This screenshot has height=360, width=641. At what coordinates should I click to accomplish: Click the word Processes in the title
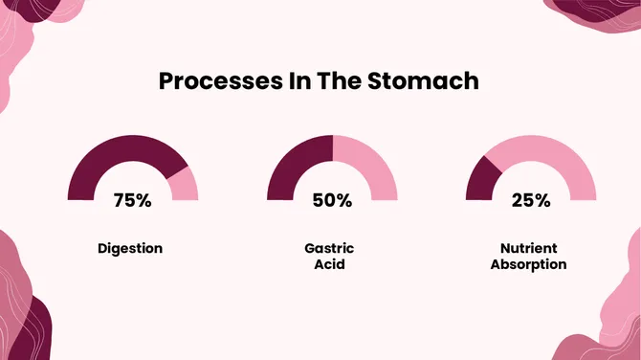coord(214,81)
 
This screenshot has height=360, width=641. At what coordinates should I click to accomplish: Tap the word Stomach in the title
coord(423,81)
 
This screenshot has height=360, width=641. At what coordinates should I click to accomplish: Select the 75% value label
coord(132,201)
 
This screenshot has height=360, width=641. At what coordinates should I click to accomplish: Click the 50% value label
coord(332,201)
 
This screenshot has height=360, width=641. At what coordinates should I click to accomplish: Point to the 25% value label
coord(530,201)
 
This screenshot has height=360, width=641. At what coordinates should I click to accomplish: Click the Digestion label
coord(130,248)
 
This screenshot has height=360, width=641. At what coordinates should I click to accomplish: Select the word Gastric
coord(329,248)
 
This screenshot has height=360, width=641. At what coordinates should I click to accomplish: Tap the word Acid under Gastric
coord(329,264)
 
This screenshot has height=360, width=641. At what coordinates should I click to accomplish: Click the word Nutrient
coord(528,248)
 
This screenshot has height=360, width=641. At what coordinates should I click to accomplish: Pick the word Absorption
coord(528,264)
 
